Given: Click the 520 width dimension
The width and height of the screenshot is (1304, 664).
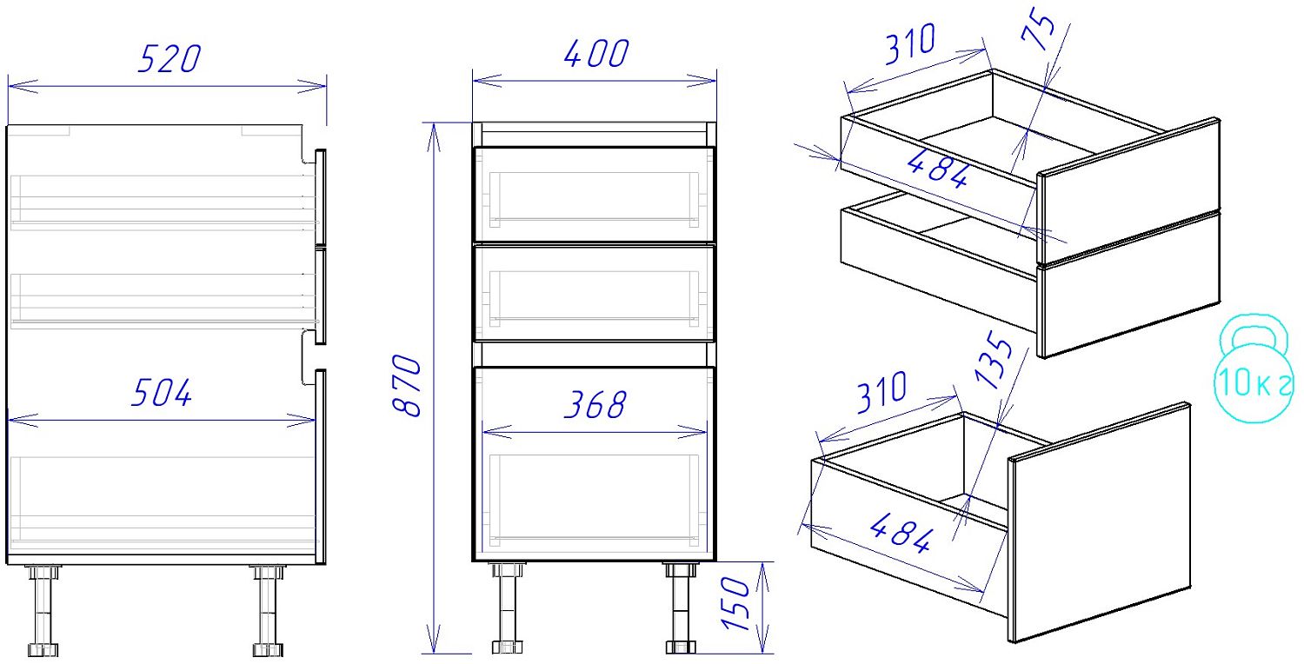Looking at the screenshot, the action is pos(170,59).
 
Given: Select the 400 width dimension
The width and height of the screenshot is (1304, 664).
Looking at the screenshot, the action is pos(596,54).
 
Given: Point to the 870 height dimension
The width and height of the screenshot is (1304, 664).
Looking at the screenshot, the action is pos(406,385).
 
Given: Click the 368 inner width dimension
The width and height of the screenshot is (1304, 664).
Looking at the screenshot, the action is pos(595,404).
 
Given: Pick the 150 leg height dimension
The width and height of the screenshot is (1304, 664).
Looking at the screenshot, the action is pos(735,603).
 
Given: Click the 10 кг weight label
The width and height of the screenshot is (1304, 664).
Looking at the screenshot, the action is pos(1254,382).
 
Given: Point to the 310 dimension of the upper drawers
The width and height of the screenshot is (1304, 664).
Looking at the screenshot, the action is pos(910,43).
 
